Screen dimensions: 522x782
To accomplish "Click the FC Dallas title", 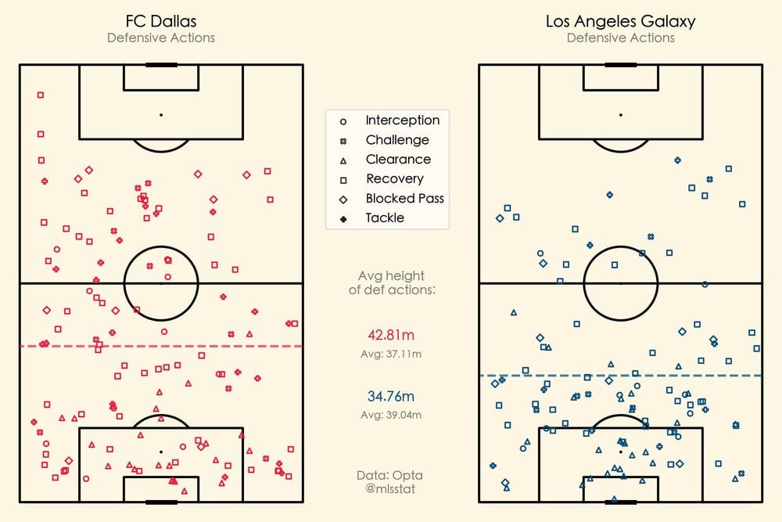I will coord(160,21).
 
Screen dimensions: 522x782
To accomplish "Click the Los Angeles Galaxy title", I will coord(620,21).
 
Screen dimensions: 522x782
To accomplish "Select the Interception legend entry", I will coord(402,121).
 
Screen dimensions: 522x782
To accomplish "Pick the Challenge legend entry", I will coord(396,140).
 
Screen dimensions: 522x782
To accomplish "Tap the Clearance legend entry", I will coord(397,160).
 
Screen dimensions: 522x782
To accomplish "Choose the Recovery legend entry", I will coord(394,179).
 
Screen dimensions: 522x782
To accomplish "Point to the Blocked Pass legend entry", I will coord(404,199).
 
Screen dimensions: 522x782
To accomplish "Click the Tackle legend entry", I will coord(385,218).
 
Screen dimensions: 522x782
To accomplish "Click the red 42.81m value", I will coord(391,335).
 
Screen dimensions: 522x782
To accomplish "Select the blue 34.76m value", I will coord(391,396).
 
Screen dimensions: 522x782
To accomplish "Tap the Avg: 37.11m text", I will coord(391,355).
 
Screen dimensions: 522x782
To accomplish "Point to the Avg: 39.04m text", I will coord(391,415).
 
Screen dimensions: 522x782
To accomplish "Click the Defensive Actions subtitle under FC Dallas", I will coord(160,38).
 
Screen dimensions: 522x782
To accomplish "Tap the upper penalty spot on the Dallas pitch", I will coord(161,115).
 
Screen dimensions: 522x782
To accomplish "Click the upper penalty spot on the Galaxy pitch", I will coord(620,115).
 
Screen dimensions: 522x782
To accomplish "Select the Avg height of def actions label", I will coord(391,283).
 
